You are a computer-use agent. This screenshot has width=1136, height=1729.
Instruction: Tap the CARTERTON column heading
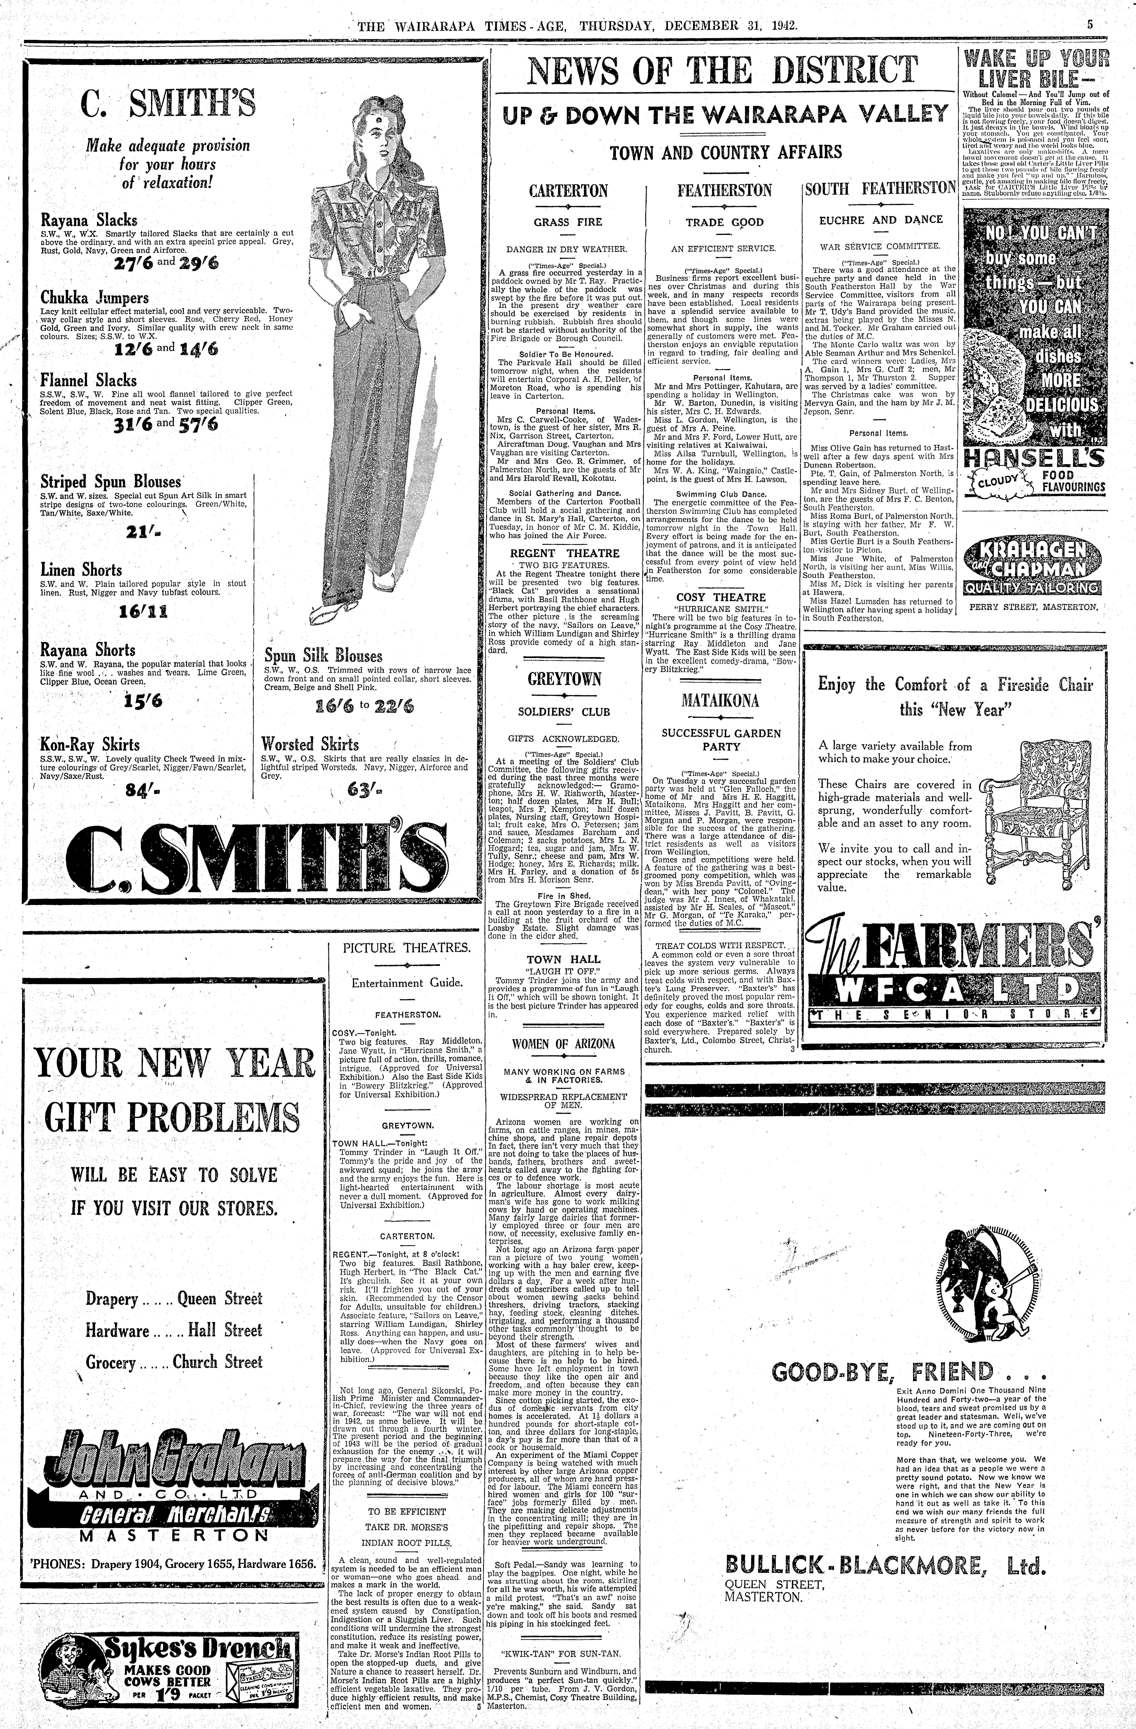[568, 191]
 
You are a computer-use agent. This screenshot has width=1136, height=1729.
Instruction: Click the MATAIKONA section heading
[721, 701]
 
